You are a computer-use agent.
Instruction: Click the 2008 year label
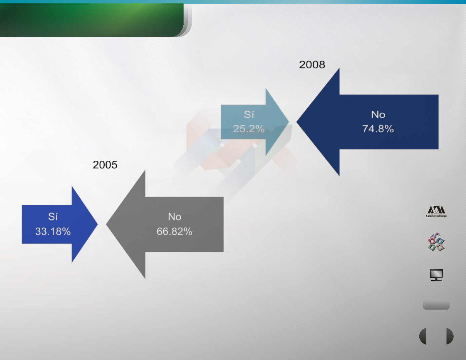click(x=312, y=65)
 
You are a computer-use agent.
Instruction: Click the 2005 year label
click(x=105, y=165)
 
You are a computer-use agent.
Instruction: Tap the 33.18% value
click(x=53, y=231)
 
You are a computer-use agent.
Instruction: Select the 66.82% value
click(x=174, y=231)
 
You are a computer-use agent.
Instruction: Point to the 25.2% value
click(x=249, y=129)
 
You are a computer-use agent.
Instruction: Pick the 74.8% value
click(x=378, y=129)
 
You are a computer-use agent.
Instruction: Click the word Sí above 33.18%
click(x=53, y=216)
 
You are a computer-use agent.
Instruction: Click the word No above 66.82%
click(x=174, y=216)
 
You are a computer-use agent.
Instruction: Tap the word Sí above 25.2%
click(x=249, y=114)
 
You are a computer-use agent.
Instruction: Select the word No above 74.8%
click(x=378, y=115)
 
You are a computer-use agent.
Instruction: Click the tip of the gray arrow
click(x=106, y=224)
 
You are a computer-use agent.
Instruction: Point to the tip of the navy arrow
click(x=297, y=122)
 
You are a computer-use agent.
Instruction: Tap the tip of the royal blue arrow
click(x=98, y=224)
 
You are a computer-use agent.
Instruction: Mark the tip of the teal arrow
click(x=289, y=122)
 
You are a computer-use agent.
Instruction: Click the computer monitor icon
click(x=436, y=275)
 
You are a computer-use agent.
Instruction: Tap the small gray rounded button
click(x=436, y=305)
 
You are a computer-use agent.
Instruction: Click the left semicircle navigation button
click(x=423, y=336)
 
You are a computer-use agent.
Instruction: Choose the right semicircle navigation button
click(x=450, y=336)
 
